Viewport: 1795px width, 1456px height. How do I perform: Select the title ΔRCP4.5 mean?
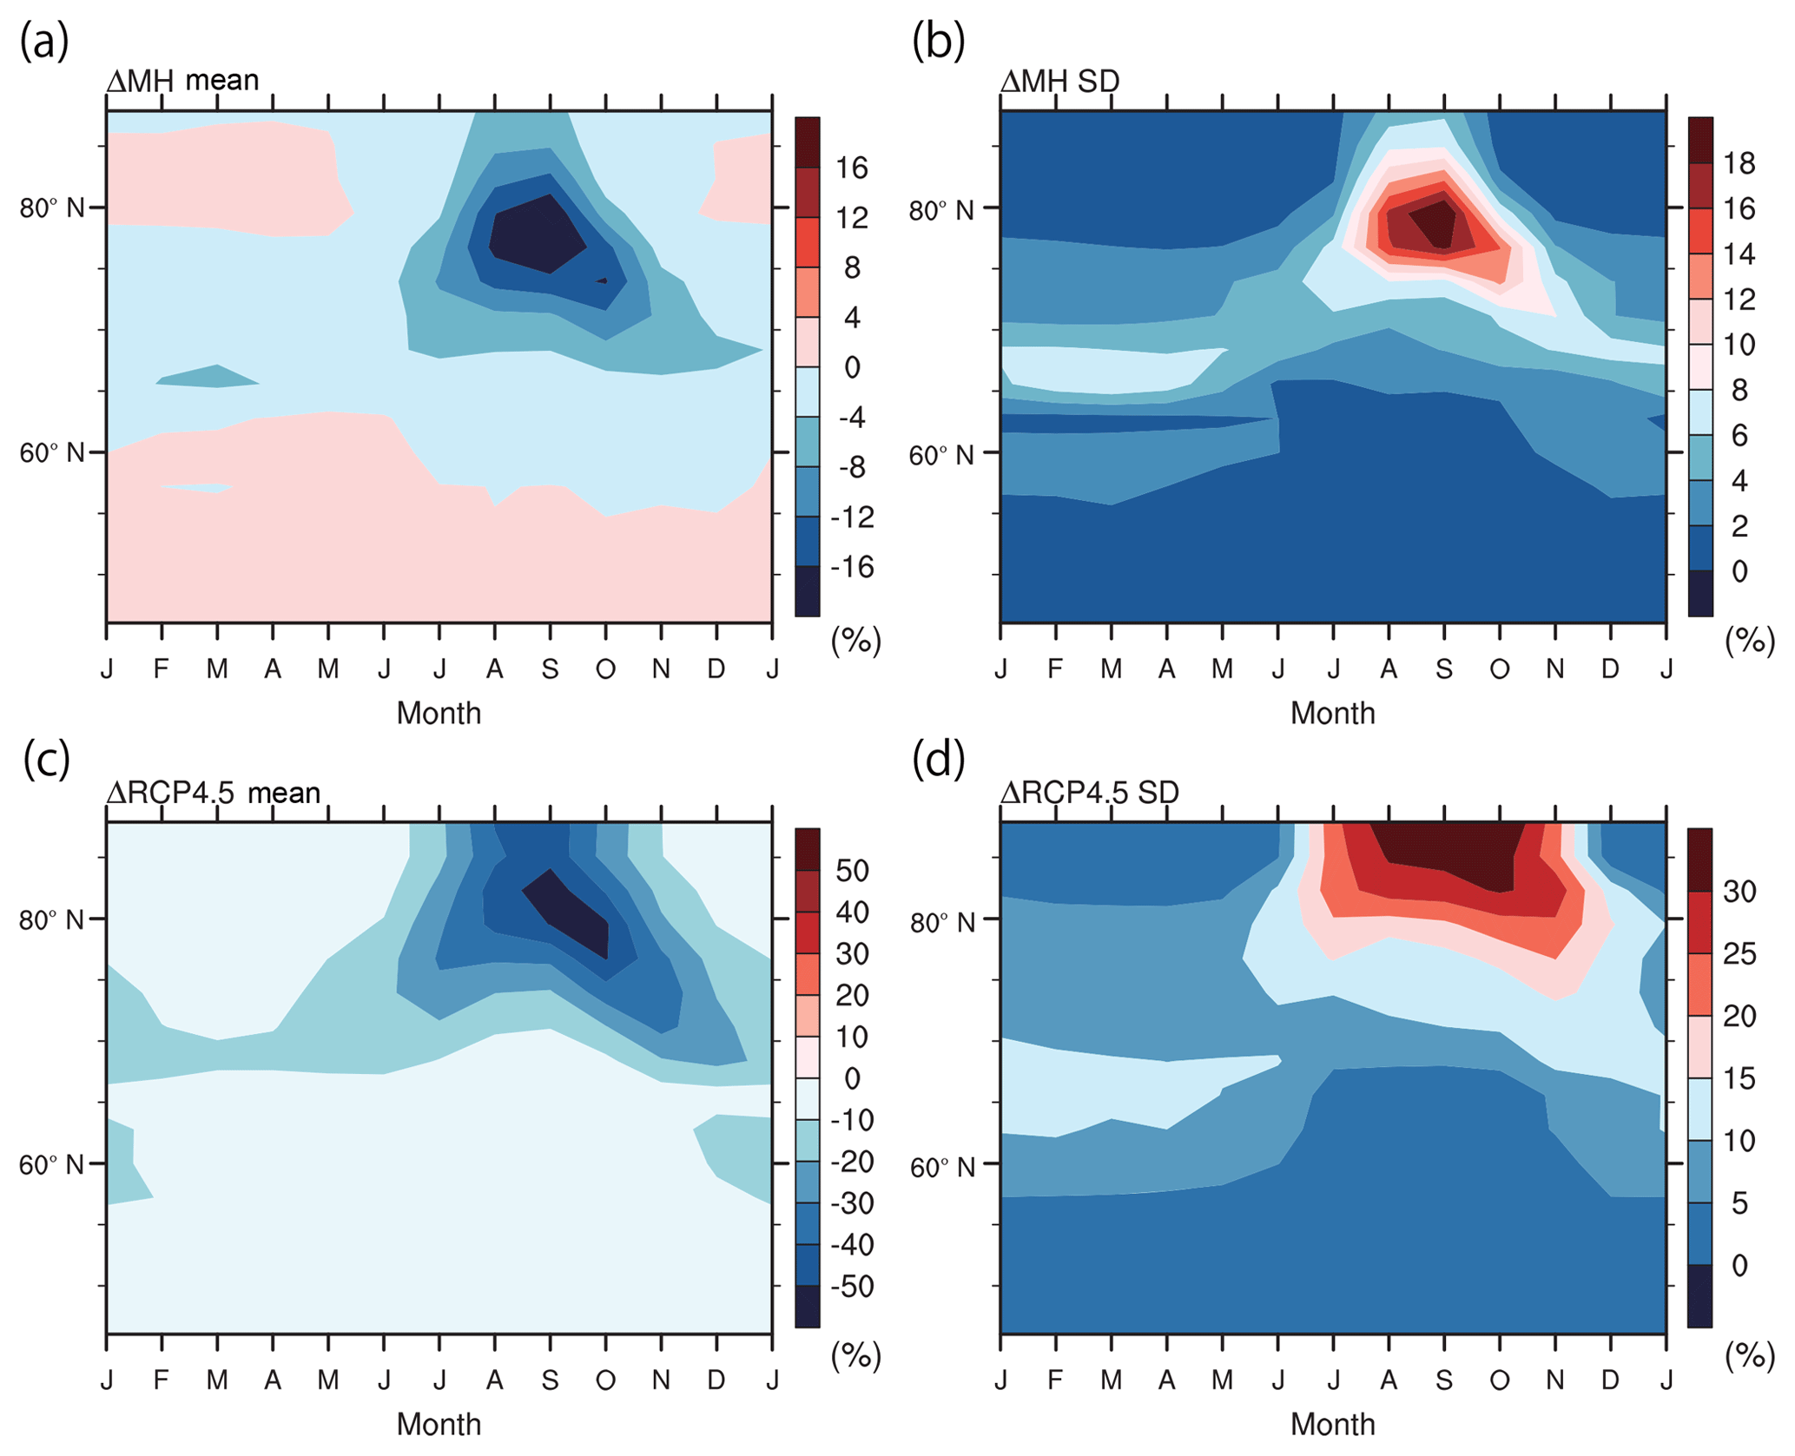coord(214,792)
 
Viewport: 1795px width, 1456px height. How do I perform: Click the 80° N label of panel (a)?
coord(52,208)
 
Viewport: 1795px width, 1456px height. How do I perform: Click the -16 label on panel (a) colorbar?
coord(852,567)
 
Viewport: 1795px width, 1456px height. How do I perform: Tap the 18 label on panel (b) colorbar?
coord(1739,163)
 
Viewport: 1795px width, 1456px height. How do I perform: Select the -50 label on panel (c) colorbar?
coord(852,1286)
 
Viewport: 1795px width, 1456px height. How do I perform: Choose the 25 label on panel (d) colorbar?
coord(1739,953)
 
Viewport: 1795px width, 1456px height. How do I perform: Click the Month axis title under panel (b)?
coord(1332,713)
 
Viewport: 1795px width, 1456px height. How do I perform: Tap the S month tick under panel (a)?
coord(550,669)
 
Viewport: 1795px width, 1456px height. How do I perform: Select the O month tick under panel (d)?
coord(1499,1380)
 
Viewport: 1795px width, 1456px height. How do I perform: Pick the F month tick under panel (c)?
coord(162,1380)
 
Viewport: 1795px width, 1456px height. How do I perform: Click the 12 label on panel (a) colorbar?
coord(852,217)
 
